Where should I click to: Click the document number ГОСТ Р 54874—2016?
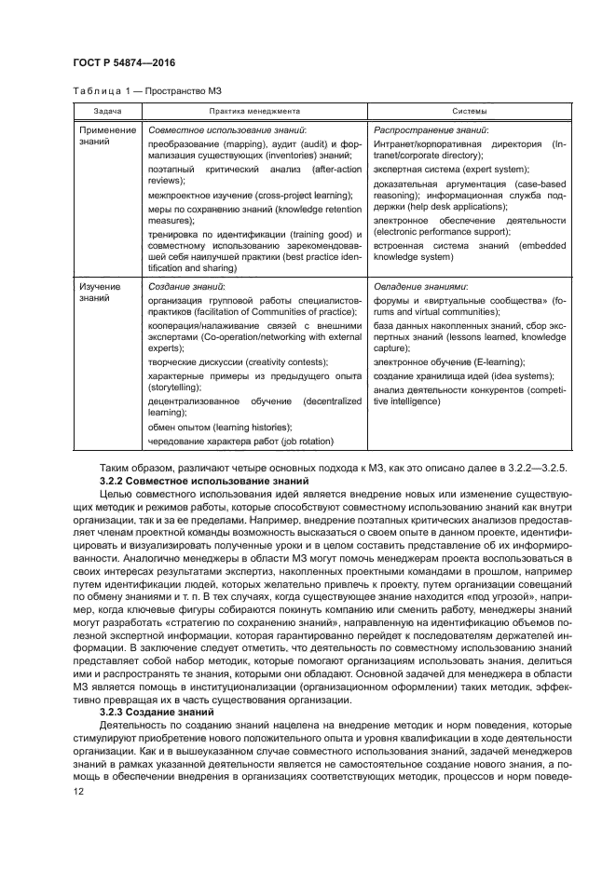123,62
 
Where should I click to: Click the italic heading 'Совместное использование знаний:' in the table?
227,130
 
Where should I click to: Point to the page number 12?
78,789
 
